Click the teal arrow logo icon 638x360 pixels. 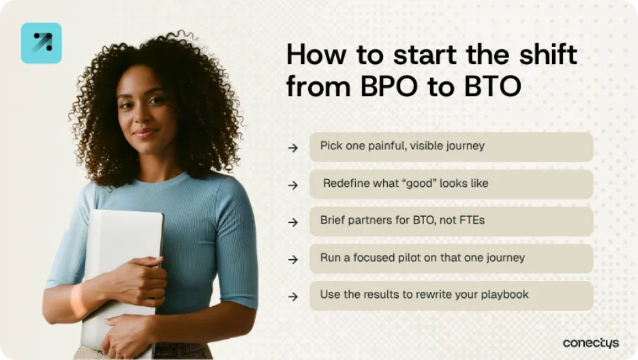click(42, 43)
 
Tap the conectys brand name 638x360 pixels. click(591, 344)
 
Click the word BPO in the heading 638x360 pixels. click(389, 86)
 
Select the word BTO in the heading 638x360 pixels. click(492, 86)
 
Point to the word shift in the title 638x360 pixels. click(548, 54)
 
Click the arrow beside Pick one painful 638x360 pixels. click(293, 148)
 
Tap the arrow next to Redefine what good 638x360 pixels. click(293, 185)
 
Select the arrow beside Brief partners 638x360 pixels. click(293, 222)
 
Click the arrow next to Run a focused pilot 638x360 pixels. click(293, 260)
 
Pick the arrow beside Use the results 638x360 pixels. click(293, 297)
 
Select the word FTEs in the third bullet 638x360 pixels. click(472, 220)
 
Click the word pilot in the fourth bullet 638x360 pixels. click(409, 258)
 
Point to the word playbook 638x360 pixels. click(504, 295)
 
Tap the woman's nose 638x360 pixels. click(143, 116)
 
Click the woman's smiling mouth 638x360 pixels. click(145, 132)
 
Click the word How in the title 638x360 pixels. click(316, 55)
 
